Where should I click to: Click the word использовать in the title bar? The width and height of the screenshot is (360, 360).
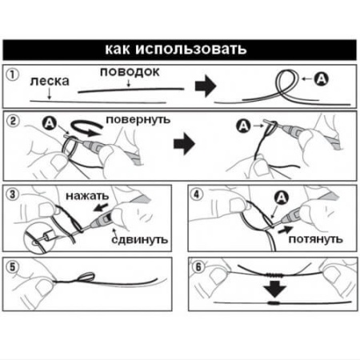191,50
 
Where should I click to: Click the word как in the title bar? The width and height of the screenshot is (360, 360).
117,50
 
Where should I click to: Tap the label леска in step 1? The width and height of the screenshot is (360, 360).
50,82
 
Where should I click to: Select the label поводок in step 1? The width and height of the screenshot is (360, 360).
130,73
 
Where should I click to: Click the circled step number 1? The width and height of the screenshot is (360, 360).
12,75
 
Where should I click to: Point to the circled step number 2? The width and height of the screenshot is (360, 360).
13,121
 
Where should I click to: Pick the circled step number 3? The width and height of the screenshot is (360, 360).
12,194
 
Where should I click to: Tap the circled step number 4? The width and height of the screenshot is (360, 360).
197,194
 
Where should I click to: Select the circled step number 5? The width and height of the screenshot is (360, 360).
12,267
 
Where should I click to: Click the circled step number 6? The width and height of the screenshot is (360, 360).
198,267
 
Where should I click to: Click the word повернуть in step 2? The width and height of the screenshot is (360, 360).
138,120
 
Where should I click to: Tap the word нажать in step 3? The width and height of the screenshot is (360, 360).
87,196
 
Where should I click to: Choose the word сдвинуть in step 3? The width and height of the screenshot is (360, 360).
140,239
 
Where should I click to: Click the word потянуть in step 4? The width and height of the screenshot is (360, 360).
315,239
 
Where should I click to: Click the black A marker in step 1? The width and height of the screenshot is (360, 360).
322,78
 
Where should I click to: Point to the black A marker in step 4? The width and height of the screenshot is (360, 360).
282,198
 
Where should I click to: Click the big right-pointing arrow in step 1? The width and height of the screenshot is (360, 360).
206,86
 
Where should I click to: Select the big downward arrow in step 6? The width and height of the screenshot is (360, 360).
274,289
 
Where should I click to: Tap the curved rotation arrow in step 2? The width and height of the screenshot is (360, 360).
86,127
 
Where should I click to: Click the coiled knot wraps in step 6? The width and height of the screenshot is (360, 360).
274,275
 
